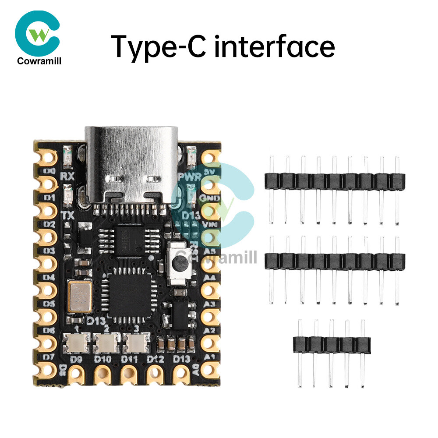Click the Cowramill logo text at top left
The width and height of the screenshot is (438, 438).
click(39, 61)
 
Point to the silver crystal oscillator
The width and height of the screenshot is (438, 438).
click(80, 294)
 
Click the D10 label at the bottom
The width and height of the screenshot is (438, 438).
click(103, 360)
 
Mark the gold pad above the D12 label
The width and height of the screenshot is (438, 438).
click(155, 374)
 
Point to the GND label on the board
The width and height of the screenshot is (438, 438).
click(206, 198)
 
